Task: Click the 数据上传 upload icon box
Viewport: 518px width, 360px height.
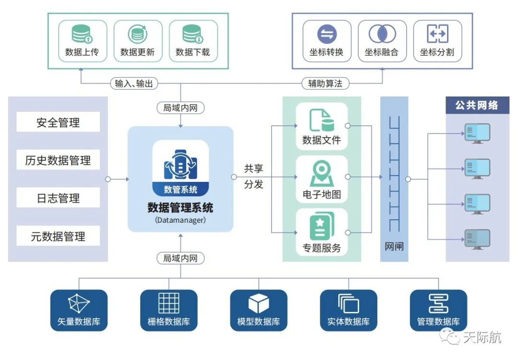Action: click(82, 40)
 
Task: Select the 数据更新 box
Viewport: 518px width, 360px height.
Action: click(138, 40)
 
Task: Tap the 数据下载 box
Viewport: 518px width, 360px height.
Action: click(193, 40)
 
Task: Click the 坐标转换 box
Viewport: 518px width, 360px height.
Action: click(327, 40)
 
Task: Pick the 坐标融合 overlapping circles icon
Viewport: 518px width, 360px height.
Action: click(382, 35)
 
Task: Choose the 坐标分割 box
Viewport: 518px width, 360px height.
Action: click(437, 40)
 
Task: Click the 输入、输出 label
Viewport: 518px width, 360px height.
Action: click(134, 83)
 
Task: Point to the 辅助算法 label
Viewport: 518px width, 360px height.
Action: click(325, 83)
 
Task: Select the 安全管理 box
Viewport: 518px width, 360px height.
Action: click(58, 122)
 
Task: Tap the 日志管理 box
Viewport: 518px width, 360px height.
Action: click(58, 198)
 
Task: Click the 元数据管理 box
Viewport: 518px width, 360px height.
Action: click(58, 236)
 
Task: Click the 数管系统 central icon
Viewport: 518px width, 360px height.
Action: click(180, 168)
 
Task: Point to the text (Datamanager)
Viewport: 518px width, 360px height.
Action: click(180, 220)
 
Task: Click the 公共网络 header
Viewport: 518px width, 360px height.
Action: click(477, 105)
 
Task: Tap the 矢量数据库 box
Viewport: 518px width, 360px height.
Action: click(79, 310)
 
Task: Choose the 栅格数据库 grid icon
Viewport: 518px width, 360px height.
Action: click(169, 303)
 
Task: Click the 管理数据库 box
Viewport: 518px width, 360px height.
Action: click(438, 310)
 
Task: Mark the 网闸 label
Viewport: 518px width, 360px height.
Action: click(394, 247)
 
